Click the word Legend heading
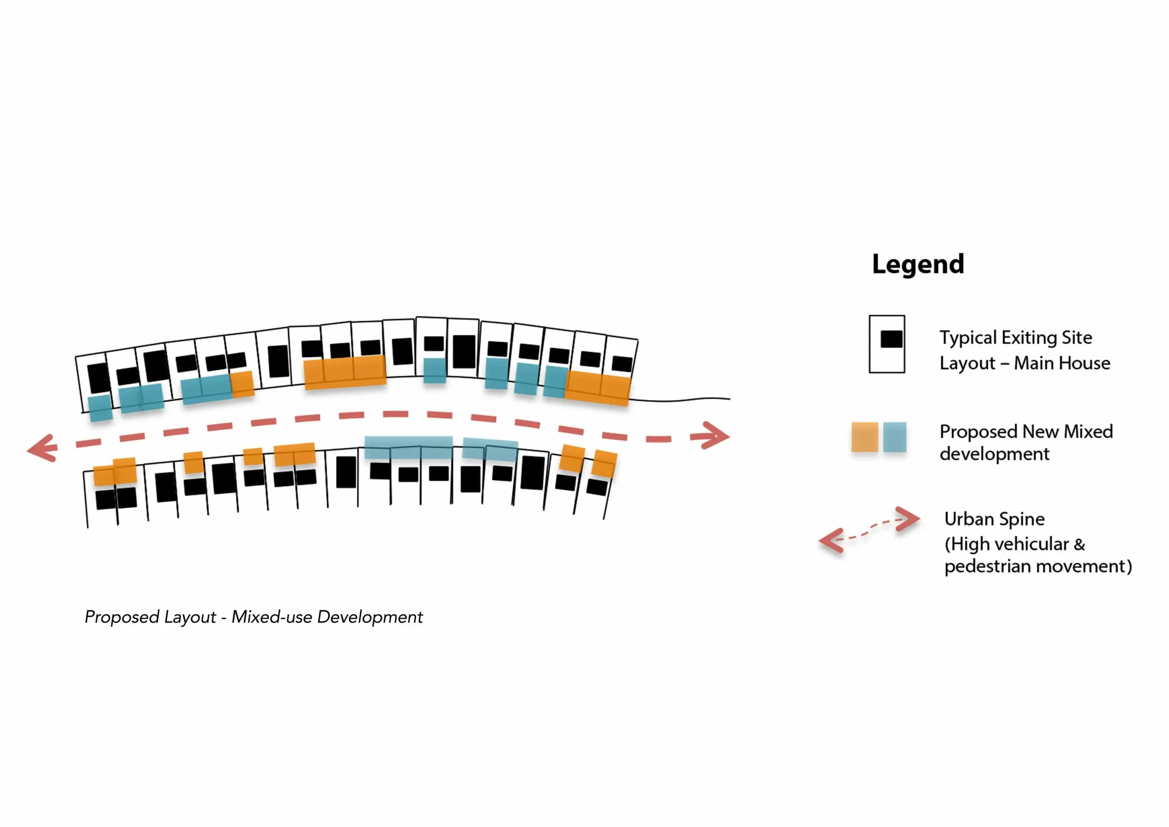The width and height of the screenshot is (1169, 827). pos(918,265)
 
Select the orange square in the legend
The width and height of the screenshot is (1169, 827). pos(864,437)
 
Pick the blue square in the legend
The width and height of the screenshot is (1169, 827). pos(895,437)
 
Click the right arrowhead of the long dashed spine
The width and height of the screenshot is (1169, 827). pos(714,436)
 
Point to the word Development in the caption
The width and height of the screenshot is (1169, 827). pos(370,618)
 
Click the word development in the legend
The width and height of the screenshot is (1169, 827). pos(995,454)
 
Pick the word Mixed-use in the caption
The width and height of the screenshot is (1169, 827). pos(272,617)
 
